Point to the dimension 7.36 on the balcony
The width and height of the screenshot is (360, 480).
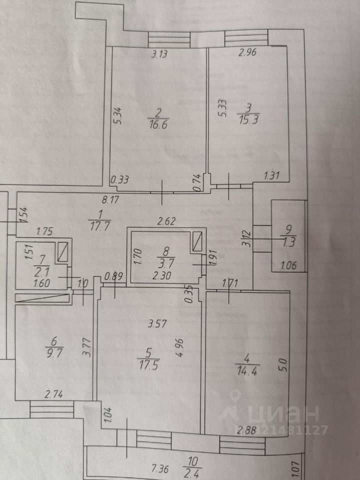coord(160,468)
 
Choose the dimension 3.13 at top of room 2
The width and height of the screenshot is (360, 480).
coord(159,55)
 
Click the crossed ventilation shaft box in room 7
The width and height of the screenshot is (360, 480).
coord(62,251)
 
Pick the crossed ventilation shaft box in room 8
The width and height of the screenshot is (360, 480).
coord(197,242)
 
